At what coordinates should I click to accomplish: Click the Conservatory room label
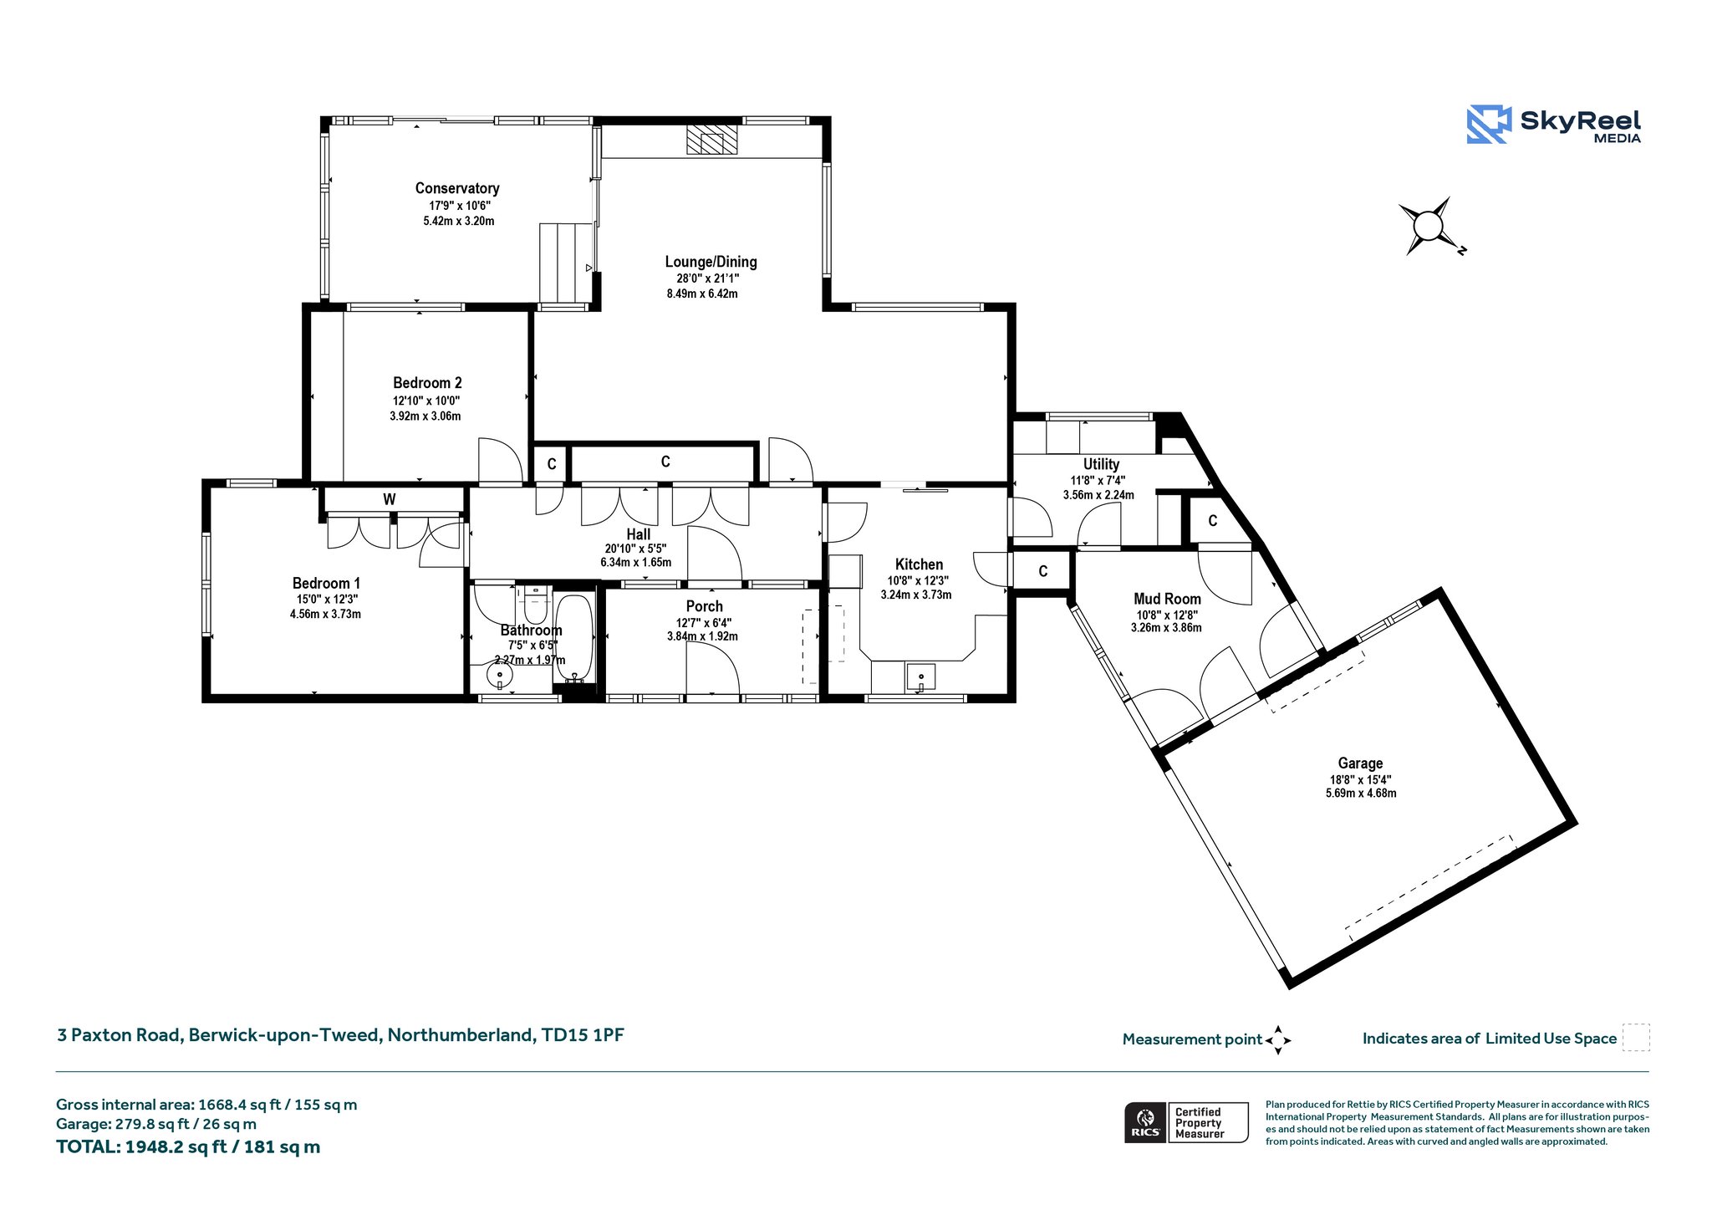point(457,188)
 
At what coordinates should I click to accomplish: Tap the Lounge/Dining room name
point(711,262)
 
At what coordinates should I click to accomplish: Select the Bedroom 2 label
point(427,383)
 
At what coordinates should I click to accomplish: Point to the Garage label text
point(1360,763)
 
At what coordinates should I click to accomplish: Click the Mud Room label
point(1167,599)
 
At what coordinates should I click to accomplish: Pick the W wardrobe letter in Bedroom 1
point(390,499)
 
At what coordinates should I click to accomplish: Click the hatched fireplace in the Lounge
point(712,140)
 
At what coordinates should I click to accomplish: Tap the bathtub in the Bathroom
point(574,639)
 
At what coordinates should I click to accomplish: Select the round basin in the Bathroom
point(500,675)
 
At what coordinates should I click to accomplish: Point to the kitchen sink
point(920,676)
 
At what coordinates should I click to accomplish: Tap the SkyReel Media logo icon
point(1489,125)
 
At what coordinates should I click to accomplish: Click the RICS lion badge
point(1145,1122)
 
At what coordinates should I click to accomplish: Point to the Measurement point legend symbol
point(1278,1040)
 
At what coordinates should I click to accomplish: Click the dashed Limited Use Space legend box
point(1636,1038)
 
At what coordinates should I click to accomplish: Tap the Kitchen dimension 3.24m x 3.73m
point(916,595)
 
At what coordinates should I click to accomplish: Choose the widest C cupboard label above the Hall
point(665,462)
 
